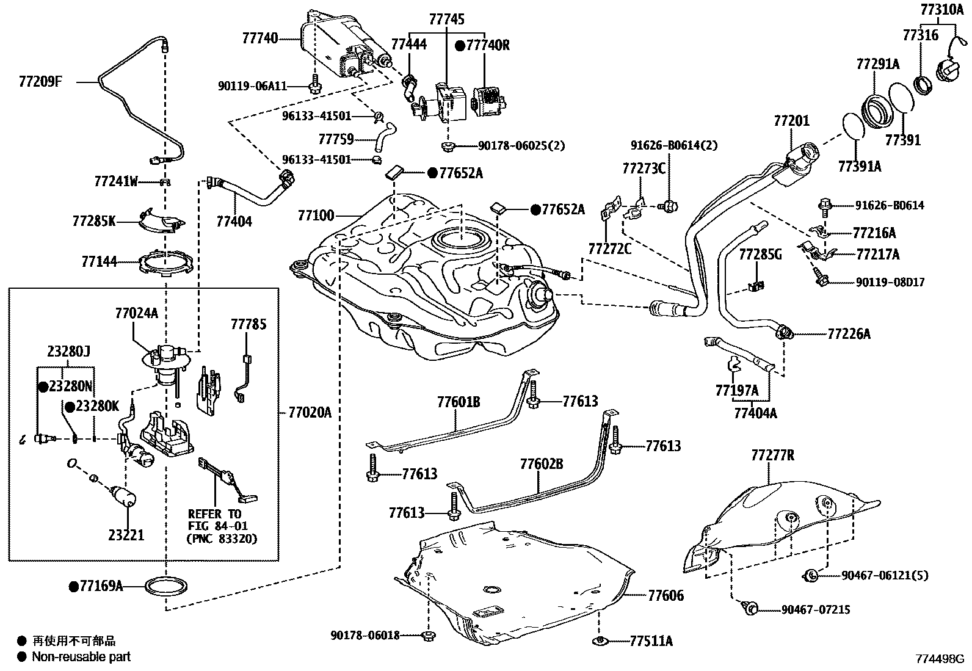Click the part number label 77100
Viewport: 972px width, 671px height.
click(316, 216)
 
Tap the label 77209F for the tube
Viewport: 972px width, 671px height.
click(40, 81)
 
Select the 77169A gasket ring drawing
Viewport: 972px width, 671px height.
click(166, 587)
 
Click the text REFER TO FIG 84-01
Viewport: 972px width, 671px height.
click(214, 520)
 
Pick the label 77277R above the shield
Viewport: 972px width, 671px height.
click(772, 455)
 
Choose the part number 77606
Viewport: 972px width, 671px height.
click(666, 595)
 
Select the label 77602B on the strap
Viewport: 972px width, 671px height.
click(542, 464)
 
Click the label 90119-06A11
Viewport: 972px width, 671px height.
click(252, 87)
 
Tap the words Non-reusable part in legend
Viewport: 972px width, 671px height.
click(81, 657)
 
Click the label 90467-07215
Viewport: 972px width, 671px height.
click(816, 609)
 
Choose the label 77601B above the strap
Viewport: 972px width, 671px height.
click(458, 402)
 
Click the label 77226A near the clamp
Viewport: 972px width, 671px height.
click(849, 333)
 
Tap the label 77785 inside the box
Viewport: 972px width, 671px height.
click(248, 324)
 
